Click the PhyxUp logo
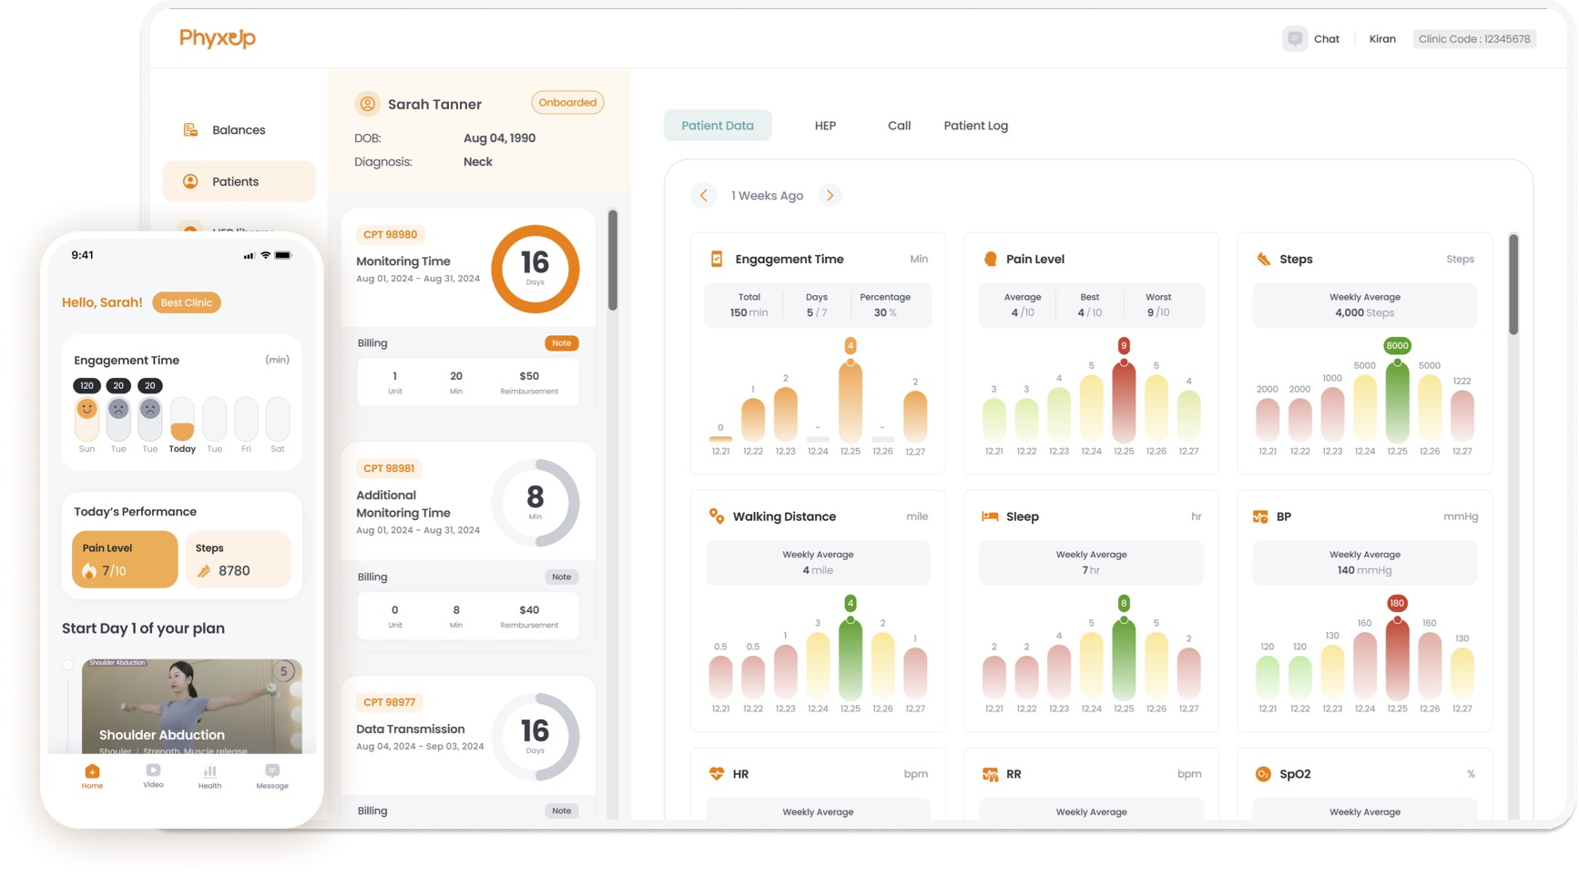217,38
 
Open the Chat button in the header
1311,39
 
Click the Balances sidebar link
239,130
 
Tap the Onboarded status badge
567,103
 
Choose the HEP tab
825,126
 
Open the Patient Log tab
975,126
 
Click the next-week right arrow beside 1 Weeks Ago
830,196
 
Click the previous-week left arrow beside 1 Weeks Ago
703,196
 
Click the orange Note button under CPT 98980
562,343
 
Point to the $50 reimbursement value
529,376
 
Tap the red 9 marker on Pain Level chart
1124,346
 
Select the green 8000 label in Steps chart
1397,346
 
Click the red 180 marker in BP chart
1397,603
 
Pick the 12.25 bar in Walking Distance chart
851,660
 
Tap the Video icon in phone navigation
153,775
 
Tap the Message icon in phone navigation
272,775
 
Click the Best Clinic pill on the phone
187,303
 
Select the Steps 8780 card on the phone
239,560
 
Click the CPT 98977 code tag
390,702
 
